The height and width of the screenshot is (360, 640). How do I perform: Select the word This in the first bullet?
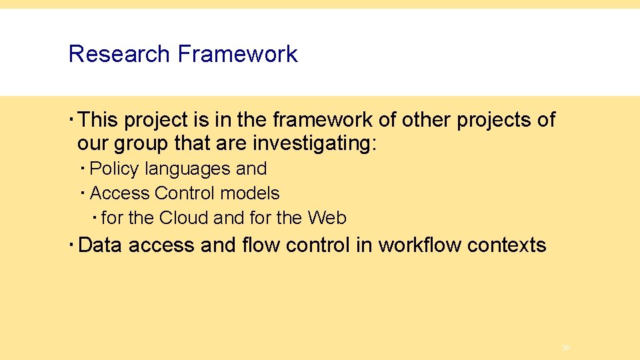(98, 120)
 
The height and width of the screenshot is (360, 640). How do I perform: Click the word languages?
(189, 169)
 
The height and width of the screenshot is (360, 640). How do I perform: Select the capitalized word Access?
(120, 193)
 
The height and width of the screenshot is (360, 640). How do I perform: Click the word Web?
(327, 218)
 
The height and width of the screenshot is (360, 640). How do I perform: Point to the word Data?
(101, 245)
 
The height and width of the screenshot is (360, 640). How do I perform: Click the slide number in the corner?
(565, 347)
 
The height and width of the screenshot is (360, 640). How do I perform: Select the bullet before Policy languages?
(83, 169)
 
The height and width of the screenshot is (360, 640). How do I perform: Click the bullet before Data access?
(71, 245)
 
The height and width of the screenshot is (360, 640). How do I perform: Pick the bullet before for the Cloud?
(95, 217)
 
